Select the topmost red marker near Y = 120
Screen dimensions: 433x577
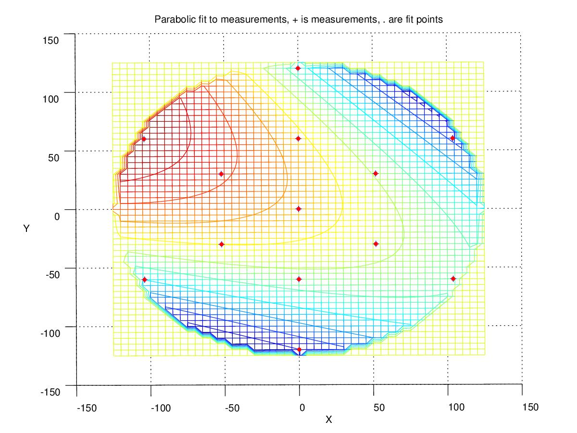pos(298,68)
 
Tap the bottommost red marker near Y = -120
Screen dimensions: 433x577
pos(299,350)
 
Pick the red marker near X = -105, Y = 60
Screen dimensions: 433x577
pos(144,139)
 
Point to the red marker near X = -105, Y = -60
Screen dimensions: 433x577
pos(145,280)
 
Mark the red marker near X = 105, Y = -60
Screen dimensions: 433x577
pos(453,279)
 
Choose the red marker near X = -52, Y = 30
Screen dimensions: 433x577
pos(221,174)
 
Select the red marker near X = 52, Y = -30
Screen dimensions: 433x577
pos(376,244)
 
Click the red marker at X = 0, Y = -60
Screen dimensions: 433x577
pos(299,279)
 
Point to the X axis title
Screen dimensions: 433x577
pos(329,420)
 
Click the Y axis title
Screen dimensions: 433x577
pos(26,229)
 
